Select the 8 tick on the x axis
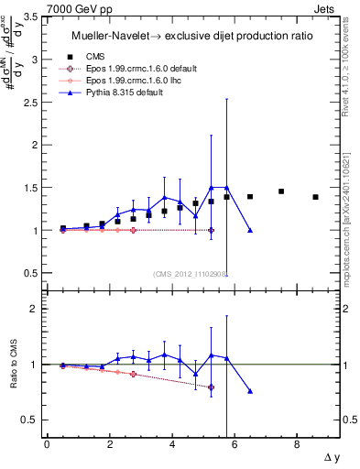point(296,444)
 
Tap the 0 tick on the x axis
point(47,444)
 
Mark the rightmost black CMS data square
point(315,197)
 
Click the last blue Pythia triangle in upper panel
point(250,230)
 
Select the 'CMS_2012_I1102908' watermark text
point(191,273)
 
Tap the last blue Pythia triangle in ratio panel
point(250,391)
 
